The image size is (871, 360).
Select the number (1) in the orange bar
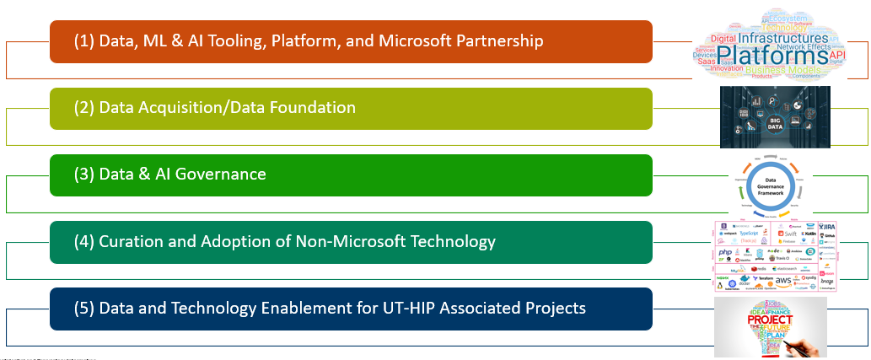[84, 41]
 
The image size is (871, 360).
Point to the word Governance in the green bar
[218, 175]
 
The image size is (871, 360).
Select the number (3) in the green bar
[84, 175]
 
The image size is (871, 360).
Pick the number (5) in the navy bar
[84, 309]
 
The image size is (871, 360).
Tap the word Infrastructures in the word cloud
[782, 38]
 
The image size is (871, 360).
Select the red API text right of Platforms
[836, 56]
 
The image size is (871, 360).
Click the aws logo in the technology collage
[783, 280]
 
